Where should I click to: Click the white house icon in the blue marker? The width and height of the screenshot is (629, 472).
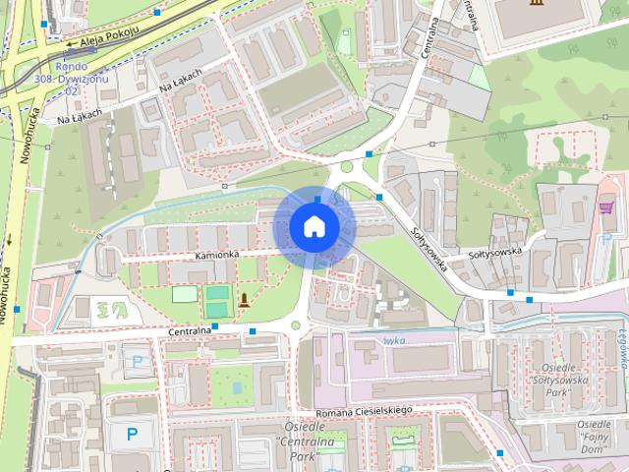tap(314, 226)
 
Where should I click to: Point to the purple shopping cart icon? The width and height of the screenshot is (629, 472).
tap(606, 207)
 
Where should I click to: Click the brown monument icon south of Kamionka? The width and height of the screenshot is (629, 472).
tap(243, 300)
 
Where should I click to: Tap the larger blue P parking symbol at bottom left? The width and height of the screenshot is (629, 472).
tap(132, 433)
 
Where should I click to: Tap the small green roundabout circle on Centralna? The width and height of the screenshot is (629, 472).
tap(295, 325)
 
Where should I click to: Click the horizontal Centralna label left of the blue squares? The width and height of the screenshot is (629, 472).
tap(190, 330)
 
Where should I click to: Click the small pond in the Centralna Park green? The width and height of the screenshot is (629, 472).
tap(402, 457)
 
